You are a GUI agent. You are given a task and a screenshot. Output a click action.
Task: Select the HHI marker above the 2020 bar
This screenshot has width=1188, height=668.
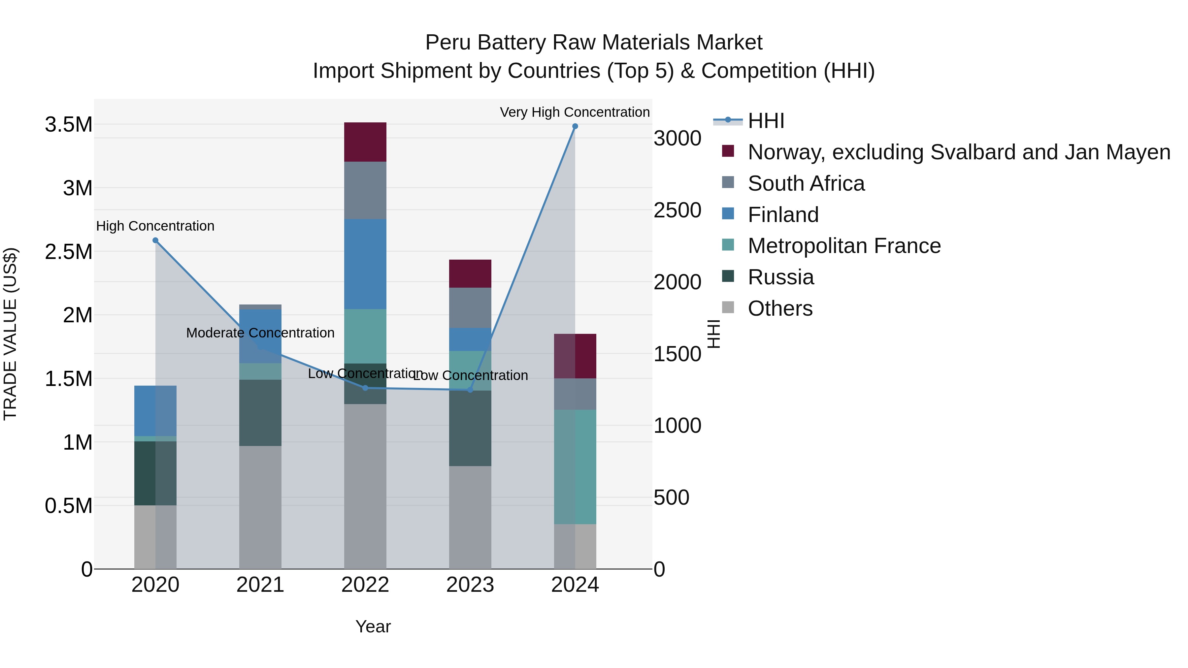point(155,240)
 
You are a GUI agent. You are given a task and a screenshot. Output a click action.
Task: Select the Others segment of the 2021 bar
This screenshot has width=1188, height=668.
point(260,507)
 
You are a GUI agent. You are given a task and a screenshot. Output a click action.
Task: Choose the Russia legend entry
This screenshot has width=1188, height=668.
point(780,277)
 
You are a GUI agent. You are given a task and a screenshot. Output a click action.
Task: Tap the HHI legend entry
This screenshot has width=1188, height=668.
point(766,121)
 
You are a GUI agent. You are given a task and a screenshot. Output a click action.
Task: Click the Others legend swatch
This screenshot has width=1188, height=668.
point(728,307)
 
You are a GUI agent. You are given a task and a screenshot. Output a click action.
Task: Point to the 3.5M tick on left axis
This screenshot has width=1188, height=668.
point(69,124)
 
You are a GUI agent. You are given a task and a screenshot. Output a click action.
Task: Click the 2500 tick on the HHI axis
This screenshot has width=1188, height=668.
point(677,210)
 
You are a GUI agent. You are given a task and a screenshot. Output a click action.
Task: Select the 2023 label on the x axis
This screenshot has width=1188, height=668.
point(470,585)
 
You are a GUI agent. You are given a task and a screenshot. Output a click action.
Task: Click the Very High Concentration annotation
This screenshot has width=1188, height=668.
point(575,112)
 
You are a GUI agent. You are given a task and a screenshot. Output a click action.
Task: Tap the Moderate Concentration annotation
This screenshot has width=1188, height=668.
point(260,333)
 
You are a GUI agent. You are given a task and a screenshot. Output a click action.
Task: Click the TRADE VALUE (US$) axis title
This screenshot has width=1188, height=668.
point(10,334)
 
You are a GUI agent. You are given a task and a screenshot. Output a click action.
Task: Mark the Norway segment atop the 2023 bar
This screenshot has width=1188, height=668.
point(470,273)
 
